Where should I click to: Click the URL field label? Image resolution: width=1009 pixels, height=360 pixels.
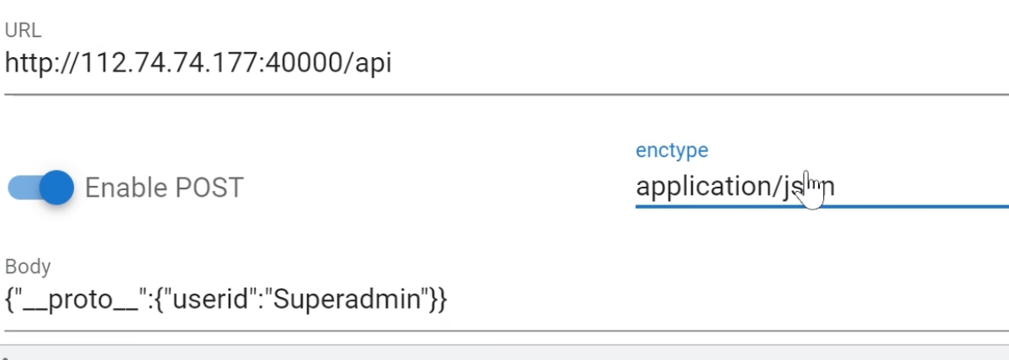click(x=23, y=31)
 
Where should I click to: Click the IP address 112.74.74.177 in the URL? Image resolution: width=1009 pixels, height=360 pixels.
click(x=173, y=62)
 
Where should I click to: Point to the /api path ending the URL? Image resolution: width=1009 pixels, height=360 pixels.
click(x=368, y=63)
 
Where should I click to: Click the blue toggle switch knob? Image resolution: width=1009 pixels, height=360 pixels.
click(x=56, y=187)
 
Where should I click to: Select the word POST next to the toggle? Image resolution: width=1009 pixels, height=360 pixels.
click(x=209, y=187)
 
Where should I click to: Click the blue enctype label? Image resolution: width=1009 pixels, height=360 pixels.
click(x=672, y=151)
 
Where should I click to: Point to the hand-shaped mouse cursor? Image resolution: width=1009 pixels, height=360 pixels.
click(x=811, y=190)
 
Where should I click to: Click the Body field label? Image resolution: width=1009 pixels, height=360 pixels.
click(x=28, y=267)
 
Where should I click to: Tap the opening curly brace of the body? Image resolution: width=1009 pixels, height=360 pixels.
click(x=9, y=299)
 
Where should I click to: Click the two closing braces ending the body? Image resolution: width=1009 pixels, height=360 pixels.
click(x=438, y=299)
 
